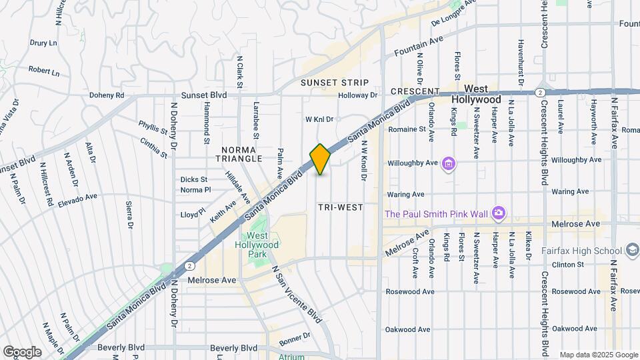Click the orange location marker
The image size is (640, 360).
[320, 159]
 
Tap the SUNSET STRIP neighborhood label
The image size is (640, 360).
[334, 83]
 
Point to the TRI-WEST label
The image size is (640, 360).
[341, 207]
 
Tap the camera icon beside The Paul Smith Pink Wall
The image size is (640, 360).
[498, 214]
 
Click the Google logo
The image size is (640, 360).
[22, 351]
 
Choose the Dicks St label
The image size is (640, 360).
[194, 179]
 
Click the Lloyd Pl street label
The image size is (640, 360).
[193, 215]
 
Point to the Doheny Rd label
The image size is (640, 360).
[107, 95]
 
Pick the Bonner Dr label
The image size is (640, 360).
[295, 338]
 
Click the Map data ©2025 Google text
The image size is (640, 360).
[598, 355]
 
